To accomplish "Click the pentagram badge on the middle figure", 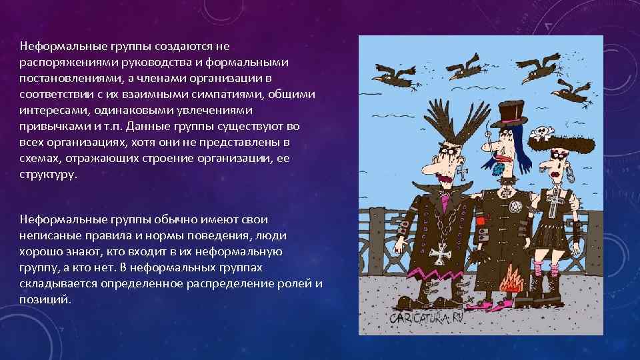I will tap(515, 207).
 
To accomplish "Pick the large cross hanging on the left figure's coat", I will tap(440, 253).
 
